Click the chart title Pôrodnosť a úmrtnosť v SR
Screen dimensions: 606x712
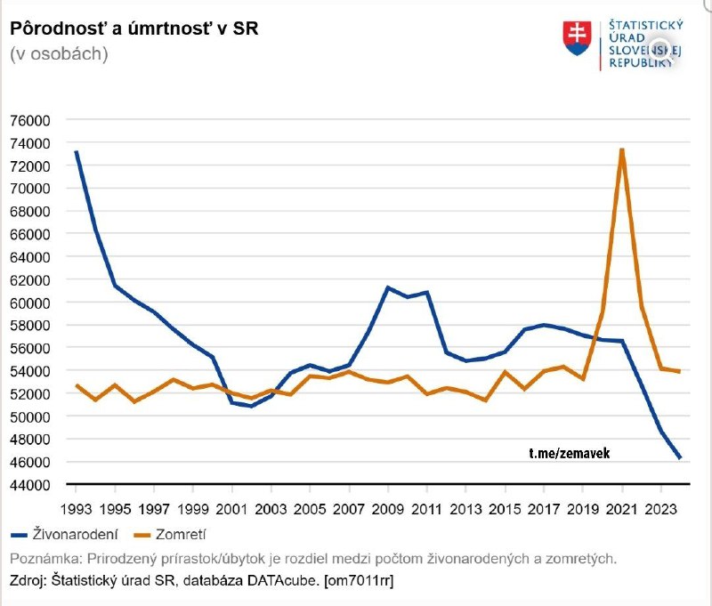tap(133, 28)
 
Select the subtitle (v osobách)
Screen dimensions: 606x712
tap(59, 53)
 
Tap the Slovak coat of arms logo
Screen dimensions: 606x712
tap(577, 38)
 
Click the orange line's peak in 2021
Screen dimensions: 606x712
tap(621, 149)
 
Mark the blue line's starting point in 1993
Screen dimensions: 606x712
tap(77, 152)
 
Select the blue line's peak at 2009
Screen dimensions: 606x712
tap(388, 287)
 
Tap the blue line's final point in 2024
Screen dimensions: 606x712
tap(680, 457)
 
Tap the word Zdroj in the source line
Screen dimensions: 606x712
tap(28, 580)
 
